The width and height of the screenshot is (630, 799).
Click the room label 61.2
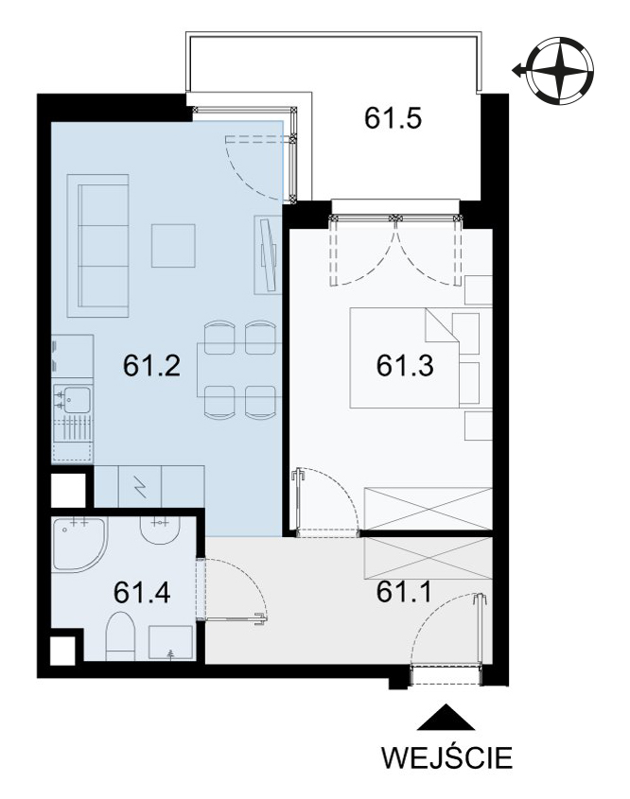pyautogui.click(x=151, y=365)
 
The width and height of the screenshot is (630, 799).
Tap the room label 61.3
pyautogui.click(x=405, y=365)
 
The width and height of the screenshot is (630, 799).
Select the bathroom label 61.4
pyautogui.click(x=142, y=592)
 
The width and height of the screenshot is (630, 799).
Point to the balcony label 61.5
pyautogui.click(x=393, y=117)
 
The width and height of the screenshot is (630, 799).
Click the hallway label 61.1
pyautogui.click(x=404, y=592)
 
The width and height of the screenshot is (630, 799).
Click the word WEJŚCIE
pyautogui.click(x=447, y=757)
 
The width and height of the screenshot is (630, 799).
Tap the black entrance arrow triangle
pyautogui.click(x=446, y=717)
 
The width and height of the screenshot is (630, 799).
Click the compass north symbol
pyautogui.click(x=559, y=70)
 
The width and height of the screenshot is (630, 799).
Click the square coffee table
pyautogui.click(x=173, y=246)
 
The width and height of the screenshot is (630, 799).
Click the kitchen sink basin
pyautogui.click(x=78, y=399)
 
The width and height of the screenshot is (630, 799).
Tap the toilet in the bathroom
pyautogui.click(x=120, y=637)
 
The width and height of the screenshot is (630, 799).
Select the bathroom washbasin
pyautogui.click(x=160, y=530)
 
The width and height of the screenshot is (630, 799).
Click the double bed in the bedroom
pyautogui.click(x=405, y=357)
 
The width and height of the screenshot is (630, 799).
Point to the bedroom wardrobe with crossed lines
pyautogui.click(x=429, y=509)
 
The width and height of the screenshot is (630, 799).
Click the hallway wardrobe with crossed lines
pyautogui.click(x=429, y=558)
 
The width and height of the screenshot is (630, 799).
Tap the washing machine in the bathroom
pyautogui.click(x=171, y=643)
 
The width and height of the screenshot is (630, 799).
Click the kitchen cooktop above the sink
pyautogui.click(x=73, y=356)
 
